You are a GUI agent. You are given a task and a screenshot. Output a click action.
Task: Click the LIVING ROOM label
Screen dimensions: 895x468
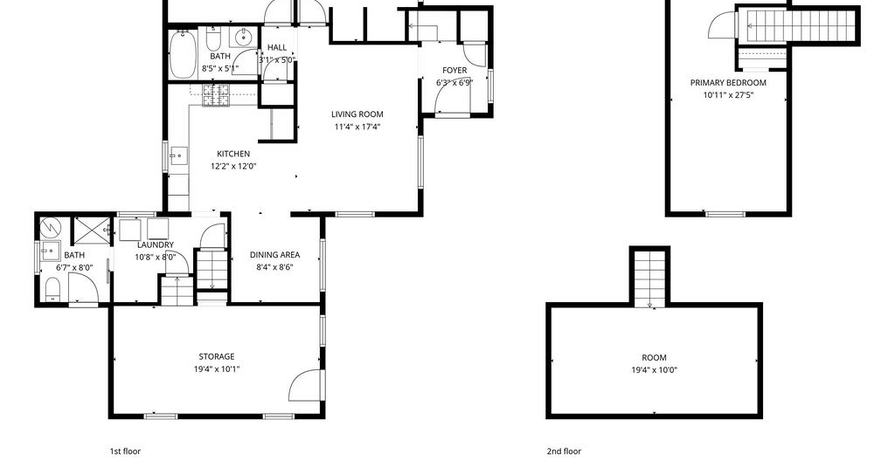[x=357, y=114]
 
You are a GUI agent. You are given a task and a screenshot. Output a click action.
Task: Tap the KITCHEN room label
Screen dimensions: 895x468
[x=233, y=154]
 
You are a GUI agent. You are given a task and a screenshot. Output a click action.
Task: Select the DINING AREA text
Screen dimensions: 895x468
[x=274, y=255]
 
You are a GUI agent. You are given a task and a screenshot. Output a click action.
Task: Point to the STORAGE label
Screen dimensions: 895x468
[x=217, y=357]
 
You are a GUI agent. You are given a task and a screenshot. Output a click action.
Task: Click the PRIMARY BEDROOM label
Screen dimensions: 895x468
[x=728, y=83]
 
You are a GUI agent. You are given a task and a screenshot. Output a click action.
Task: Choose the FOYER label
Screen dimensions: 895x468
[x=454, y=71]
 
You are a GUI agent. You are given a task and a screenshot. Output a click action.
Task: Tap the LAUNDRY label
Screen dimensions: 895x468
[x=156, y=245]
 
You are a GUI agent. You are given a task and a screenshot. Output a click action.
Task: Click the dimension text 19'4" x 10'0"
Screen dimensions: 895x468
[x=654, y=370]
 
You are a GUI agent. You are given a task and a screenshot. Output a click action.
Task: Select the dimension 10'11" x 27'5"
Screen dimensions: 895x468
[x=728, y=95]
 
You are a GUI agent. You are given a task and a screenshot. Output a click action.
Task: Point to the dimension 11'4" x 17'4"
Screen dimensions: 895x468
[x=357, y=127]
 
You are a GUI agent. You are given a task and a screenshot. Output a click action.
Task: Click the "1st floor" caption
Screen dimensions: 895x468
[x=125, y=451]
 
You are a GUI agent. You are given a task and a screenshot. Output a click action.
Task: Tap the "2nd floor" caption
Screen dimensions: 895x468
[x=564, y=451]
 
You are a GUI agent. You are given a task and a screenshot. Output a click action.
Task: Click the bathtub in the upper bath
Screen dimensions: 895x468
[x=183, y=54]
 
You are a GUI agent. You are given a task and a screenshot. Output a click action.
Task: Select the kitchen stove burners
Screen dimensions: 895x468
[x=217, y=95]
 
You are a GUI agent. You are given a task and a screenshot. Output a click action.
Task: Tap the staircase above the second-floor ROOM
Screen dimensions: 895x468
[x=650, y=279]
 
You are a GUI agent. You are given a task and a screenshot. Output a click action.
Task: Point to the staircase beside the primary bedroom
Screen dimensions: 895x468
[x=799, y=26]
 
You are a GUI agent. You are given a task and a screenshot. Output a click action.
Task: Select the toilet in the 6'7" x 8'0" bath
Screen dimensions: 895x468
[x=52, y=288]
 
